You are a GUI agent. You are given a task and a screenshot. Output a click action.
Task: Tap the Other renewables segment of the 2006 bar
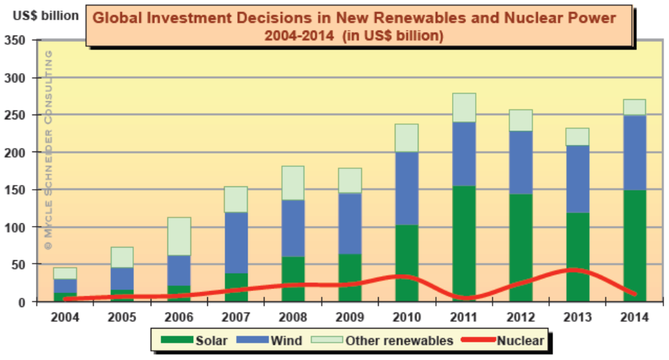[179, 237]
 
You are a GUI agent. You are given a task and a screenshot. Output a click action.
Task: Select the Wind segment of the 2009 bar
[349, 223]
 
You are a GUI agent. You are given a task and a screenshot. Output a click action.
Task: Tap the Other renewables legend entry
[391, 340]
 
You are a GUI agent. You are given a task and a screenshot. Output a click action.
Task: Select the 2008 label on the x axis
[292, 317]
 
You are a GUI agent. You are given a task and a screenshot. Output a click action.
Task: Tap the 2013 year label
[577, 317]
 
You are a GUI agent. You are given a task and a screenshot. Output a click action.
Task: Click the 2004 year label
[65, 317]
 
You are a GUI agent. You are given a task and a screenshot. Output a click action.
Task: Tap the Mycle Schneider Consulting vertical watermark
[48, 150]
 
